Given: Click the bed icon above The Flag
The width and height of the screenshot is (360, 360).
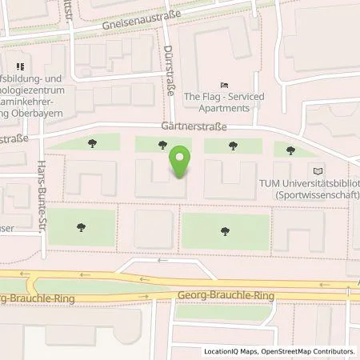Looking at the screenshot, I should (x=225, y=85).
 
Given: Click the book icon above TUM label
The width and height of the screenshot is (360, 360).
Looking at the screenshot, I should (x=318, y=171).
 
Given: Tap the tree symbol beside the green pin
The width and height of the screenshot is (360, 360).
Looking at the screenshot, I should (x=162, y=145).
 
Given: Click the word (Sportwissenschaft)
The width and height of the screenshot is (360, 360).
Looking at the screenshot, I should (x=316, y=194).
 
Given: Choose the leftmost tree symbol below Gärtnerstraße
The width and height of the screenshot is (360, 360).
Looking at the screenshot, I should (x=93, y=145).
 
